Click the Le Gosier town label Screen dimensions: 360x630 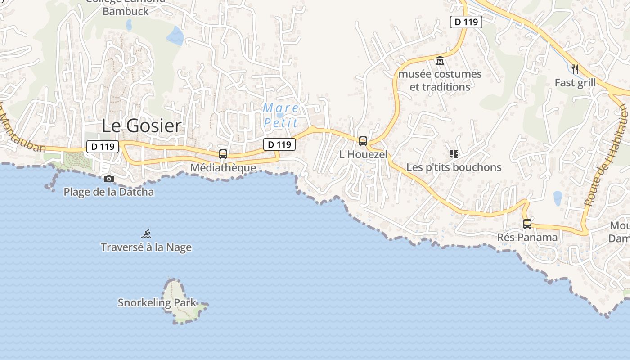tap(141, 126)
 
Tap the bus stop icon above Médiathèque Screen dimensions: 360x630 tap(223, 154)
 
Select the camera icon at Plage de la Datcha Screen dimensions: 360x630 tap(108, 179)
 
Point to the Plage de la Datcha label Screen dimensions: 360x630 tap(108, 192)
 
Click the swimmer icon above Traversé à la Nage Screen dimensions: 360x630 tap(146, 234)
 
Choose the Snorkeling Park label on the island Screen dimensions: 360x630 tap(157, 303)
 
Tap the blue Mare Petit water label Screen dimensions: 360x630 tap(281, 115)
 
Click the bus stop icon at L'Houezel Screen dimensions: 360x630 tap(363, 141)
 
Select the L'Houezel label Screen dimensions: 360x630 tap(363, 154)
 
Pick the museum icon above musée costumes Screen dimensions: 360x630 tap(440, 60)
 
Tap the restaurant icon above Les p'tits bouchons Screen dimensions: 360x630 tap(454, 154)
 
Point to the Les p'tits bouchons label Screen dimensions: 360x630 tap(454, 167)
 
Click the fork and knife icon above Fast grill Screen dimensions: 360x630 tap(575, 69)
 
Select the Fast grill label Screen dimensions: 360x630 tap(575, 83)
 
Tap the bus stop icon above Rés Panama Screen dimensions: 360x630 tap(527, 224)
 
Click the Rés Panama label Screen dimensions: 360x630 tap(527, 237)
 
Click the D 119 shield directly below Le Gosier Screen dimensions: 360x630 tap(102, 146)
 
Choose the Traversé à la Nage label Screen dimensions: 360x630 tap(146, 247)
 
